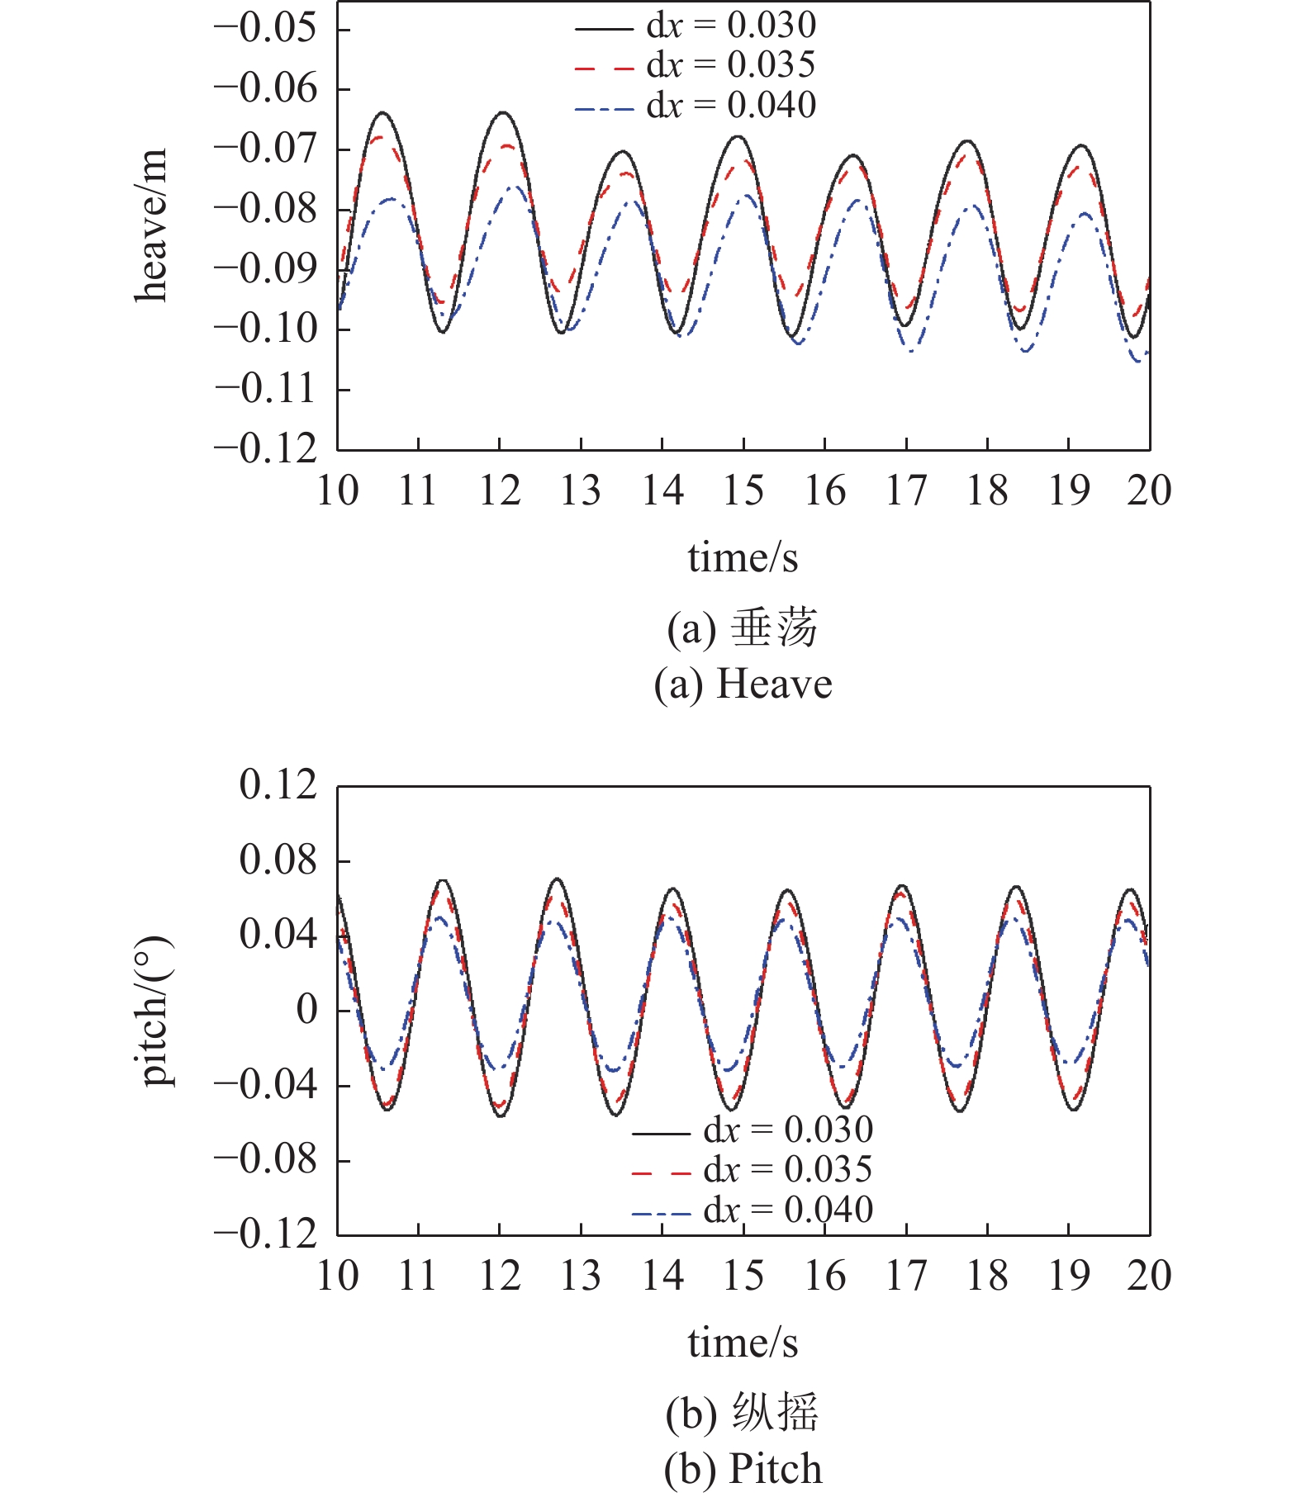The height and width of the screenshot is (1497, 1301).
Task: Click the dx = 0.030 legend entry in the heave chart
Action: [696, 26]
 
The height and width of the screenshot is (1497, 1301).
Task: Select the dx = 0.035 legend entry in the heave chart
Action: [696, 65]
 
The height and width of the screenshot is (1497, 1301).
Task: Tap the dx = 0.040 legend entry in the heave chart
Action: [696, 106]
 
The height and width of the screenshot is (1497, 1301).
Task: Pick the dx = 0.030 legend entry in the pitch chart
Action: [753, 1130]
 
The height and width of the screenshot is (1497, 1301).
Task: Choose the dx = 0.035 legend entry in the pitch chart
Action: [753, 1169]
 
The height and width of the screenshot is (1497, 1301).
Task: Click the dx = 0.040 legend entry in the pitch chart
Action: [753, 1210]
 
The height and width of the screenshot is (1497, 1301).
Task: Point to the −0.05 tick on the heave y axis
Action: [265, 29]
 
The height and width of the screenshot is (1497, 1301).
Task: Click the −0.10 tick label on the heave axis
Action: [265, 329]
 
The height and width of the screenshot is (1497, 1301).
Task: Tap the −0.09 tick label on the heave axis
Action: [265, 269]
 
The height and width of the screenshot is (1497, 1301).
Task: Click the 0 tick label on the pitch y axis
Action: [307, 1010]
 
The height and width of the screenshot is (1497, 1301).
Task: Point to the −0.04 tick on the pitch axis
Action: [265, 1085]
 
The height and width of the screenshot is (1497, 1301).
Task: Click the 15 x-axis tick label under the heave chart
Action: [743, 491]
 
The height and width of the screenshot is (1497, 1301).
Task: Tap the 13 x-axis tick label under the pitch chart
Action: [581, 1277]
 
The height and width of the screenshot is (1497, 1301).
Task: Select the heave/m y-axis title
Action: [152, 225]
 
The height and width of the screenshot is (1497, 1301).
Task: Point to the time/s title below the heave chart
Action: [743, 558]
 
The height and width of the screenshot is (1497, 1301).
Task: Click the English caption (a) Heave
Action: [743, 685]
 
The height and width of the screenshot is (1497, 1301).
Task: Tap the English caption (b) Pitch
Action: [743, 1470]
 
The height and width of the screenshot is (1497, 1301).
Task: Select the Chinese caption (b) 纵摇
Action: [743, 1413]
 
